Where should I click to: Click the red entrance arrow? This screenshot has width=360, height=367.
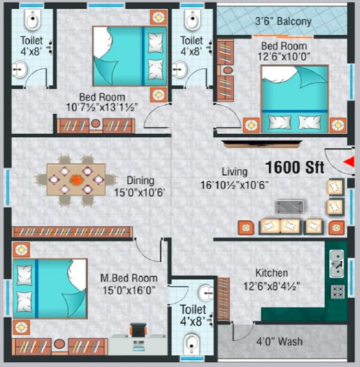[348, 162]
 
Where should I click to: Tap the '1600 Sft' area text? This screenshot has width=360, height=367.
[294, 167]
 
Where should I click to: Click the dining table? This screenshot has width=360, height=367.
[76, 179]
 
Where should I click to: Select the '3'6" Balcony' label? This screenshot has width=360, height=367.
[283, 21]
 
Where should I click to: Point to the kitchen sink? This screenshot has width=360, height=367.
[337, 263]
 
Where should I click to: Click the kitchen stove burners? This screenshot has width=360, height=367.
[337, 292]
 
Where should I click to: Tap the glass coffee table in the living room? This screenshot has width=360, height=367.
[289, 207]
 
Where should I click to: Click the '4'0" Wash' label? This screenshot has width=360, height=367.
[279, 342]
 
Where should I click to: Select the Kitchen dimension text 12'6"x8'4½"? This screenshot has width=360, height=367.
[272, 286]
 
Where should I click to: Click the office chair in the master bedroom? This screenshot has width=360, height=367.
[139, 330]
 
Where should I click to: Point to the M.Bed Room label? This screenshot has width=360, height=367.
[129, 279]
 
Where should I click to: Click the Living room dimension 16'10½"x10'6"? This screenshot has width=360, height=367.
[235, 185]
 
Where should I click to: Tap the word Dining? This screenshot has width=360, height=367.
[141, 180]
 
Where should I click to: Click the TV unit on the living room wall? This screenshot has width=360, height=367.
[262, 143]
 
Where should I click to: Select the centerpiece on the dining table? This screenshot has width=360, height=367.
[77, 180]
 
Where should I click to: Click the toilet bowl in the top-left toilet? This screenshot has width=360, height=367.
[33, 20]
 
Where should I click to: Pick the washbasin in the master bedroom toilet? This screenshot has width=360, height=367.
[206, 292]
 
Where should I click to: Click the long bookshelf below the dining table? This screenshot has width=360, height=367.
[72, 232]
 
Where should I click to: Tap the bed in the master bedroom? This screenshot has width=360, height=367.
[50, 289]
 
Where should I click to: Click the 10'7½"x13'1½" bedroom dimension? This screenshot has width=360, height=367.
[102, 108]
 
